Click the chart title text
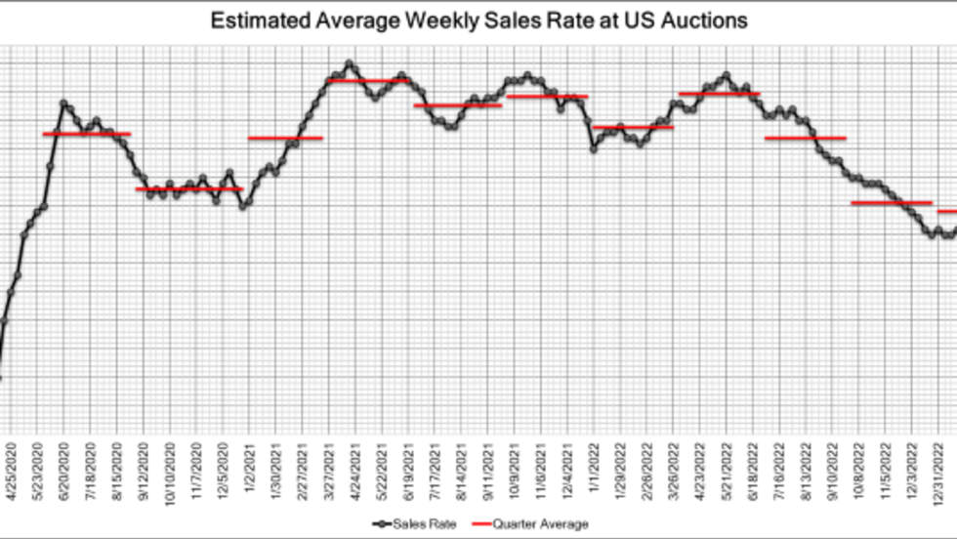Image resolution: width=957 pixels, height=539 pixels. [478, 20]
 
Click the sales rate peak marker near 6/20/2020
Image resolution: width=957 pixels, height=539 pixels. [63, 103]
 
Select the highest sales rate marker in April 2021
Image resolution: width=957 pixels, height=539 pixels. [350, 63]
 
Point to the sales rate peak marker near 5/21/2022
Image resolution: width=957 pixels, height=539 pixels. [726, 75]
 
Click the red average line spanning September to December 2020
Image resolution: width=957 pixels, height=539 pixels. [188, 188]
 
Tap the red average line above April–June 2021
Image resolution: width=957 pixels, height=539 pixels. [368, 81]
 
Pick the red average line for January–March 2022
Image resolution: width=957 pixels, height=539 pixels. [633, 127]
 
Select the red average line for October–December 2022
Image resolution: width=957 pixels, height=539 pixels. [891, 203]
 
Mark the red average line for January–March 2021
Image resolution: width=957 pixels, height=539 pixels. [285, 138]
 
